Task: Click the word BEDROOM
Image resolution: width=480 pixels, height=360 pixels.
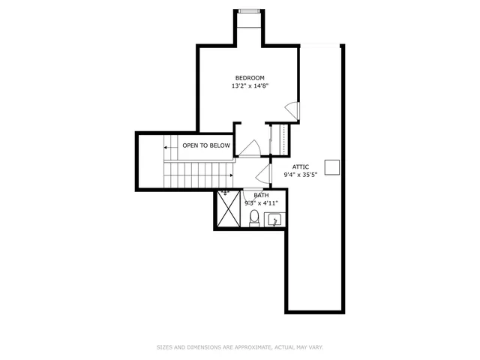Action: click(x=250, y=78)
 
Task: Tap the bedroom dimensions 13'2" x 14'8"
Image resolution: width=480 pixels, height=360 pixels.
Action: click(x=250, y=86)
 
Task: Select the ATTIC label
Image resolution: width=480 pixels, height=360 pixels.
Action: click(x=300, y=166)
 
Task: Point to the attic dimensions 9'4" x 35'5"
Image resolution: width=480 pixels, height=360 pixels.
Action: click(x=300, y=175)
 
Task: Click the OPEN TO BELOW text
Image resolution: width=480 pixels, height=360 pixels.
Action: click(x=205, y=145)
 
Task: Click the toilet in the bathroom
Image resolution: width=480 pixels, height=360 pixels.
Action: click(x=253, y=218)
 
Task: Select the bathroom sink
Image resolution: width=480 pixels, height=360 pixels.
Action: click(x=274, y=220)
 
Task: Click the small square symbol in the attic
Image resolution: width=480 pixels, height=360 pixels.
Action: click(x=331, y=166)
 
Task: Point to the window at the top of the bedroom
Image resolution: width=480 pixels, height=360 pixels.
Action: click(x=250, y=10)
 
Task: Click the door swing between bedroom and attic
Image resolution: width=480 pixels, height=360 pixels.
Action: click(x=295, y=110)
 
